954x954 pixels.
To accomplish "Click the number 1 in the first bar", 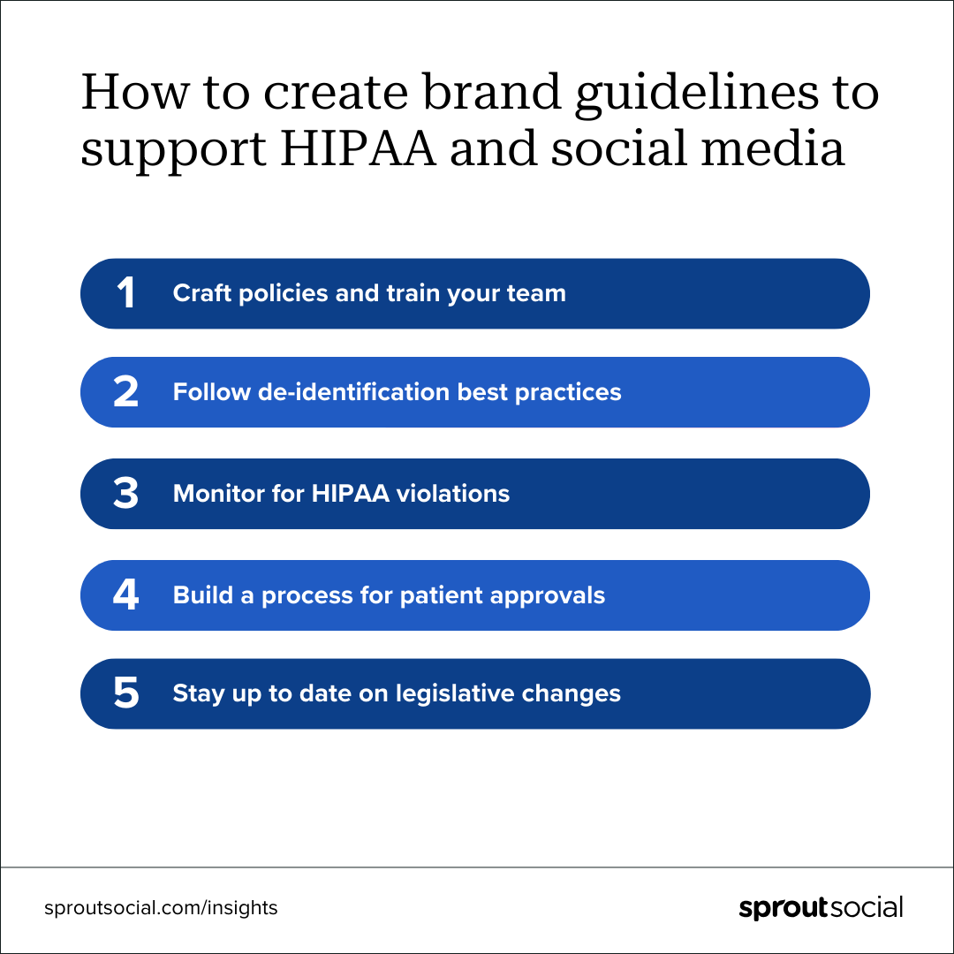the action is click(x=126, y=292).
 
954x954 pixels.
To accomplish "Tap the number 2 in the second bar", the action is click(x=126, y=391).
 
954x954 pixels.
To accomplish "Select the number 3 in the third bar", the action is click(x=126, y=493).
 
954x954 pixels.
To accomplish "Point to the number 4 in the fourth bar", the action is click(x=126, y=594).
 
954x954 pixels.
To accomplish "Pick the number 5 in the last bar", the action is click(x=126, y=693).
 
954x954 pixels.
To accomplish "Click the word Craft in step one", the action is click(x=202, y=293).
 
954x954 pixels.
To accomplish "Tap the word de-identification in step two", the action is click(x=354, y=392).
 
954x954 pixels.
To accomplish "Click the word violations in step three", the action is click(x=452, y=494).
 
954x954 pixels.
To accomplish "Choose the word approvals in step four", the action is click(x=548, y=595).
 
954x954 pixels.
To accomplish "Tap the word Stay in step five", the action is click(x=199, y=693).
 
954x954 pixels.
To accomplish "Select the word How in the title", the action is click(x=135, y=92).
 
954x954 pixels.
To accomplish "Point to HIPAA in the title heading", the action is click(x=359, y=148).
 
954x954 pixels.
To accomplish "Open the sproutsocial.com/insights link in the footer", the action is click(x=161, y=908).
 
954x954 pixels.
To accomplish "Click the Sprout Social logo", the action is click(x=821, y=908).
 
